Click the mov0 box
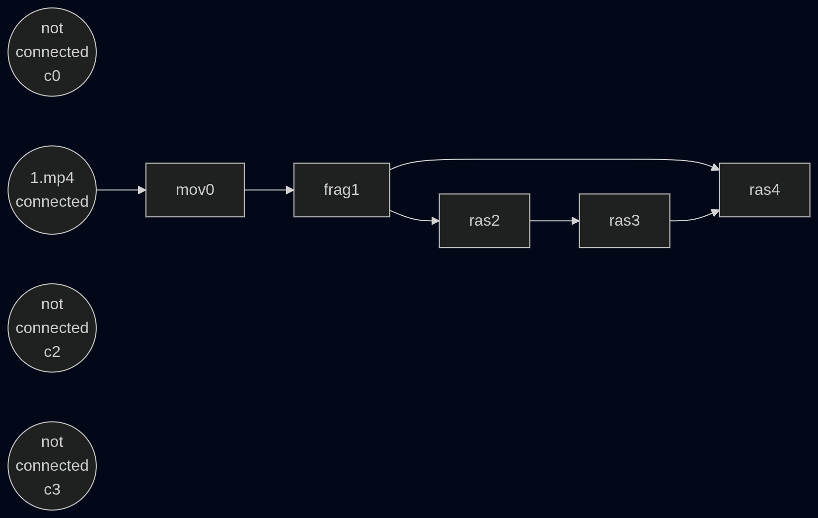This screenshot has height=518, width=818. coord(195,190)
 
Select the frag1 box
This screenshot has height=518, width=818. coord(342,190)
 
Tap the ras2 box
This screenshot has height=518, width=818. coord(485,221)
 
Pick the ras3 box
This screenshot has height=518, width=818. coord(624,221)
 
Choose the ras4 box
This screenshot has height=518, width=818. coord(765,190)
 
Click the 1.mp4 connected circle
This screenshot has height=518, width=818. coord(52,190)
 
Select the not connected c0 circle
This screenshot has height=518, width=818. coord(52,52)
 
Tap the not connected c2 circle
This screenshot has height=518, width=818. coord(52,328)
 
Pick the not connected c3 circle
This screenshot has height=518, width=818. coord(52,466)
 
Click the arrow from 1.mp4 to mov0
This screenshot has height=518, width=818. coord(121,190)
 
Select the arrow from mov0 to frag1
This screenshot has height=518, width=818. coord(269,190)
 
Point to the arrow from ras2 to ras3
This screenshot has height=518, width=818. coord(555,221)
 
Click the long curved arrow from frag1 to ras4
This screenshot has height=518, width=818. coord(554,159)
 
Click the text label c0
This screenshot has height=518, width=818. coord(52,76)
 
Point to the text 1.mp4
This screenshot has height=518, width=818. coord(52,178)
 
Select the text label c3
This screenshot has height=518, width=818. coord(52,490)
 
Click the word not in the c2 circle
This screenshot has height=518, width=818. coord(52,304)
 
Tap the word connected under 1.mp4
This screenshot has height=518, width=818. coord(52,202)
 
